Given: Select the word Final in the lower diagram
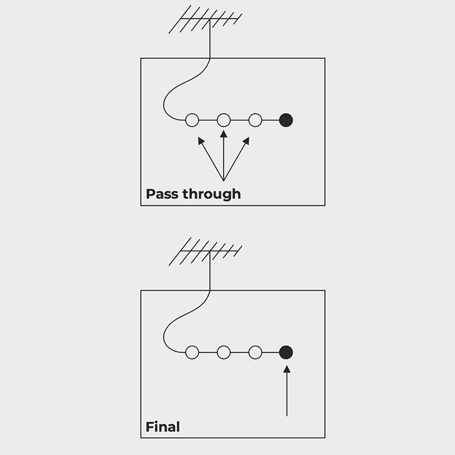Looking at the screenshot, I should [163, 427].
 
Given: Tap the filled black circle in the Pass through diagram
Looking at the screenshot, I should [286, 120].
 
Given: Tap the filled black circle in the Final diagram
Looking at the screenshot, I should [286, 352].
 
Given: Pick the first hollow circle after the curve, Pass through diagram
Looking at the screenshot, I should [192, 120].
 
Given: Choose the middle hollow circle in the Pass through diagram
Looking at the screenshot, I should [223, 120].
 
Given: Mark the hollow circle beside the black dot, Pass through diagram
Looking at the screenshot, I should [255, 120].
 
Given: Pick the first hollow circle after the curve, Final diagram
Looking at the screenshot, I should [192, 352].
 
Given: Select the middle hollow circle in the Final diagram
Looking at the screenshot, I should [223, 352].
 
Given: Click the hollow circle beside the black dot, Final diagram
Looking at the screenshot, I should [255, 352].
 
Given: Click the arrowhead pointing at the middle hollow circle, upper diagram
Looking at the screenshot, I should [223, 134].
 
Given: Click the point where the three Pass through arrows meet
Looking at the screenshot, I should [223, 180].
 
